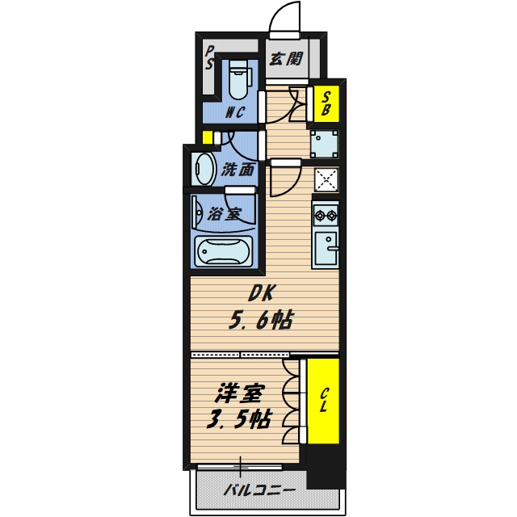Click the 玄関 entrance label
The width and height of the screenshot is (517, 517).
[x=286, y=58]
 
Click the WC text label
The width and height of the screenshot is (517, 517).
[x=235, y=112]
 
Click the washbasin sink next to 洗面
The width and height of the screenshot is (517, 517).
[x=204, y=169]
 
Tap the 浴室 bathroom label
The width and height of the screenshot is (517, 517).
[x=224, y=214]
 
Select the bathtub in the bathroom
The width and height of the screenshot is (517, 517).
[x=224, y=252]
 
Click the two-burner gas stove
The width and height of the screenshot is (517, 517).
[x=326, y=216]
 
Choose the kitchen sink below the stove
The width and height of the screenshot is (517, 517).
[x=326, y=249]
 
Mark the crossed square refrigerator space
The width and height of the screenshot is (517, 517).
[x=326, y=179]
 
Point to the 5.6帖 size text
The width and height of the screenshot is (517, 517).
[x=258, y=321]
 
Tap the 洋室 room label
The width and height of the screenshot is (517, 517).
[x=240, y=395]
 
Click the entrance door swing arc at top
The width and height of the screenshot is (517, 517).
[x=283, y=18]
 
